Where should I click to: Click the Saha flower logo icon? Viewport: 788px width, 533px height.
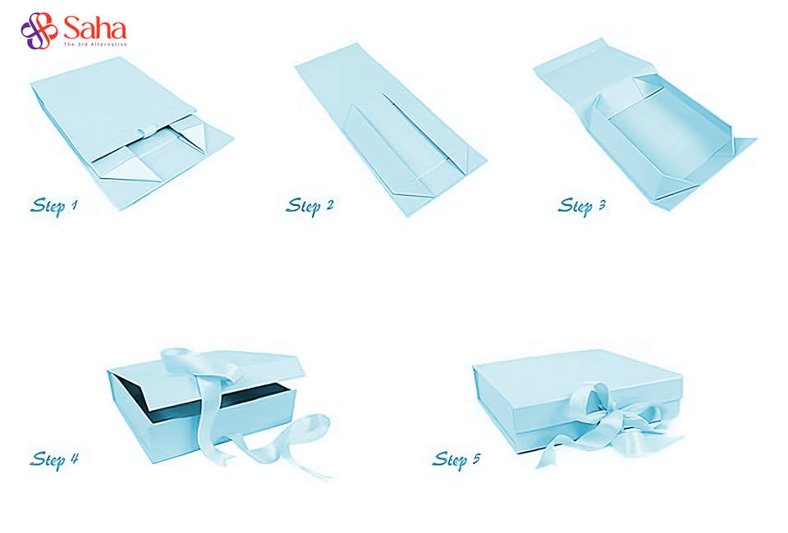pyautogui.click(x=39, y=30)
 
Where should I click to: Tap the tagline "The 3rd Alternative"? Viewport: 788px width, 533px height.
pyautogui.click(x=94, y=44)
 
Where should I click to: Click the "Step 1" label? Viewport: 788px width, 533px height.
pyautogui.click(x=54, y=205)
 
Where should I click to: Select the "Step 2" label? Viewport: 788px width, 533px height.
pyautogui.click(x=309, y=205)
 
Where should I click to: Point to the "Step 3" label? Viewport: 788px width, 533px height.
pyautogui.click(x=582, y=205)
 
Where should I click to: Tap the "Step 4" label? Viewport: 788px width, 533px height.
pyautogui.click(x=54, y=458)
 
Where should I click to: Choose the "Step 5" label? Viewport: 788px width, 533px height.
pyautogui.click(x=456, y=458)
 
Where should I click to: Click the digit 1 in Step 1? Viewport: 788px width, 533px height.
pyautogui.click(x=74, y=204)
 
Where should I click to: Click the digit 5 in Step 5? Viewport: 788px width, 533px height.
pyautogui.click(x=476, y=458)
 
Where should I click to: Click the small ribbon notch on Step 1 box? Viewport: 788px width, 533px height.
pyautogui.click(x=141, y=132)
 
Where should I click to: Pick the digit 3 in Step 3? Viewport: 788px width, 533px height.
pyautogui.click(x=602, y=204)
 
